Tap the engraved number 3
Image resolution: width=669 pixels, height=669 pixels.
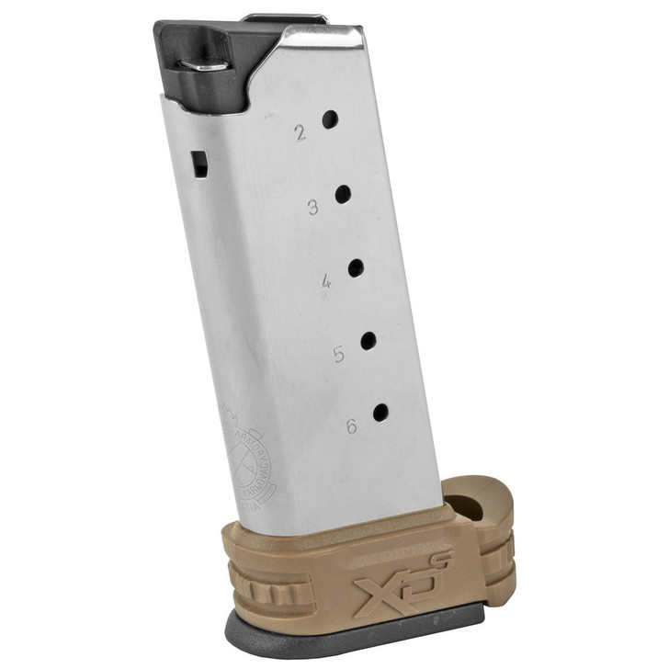coord(313,208)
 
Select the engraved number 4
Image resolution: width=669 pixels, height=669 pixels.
coord(326,282)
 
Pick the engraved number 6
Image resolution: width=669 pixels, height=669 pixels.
coord(351,426)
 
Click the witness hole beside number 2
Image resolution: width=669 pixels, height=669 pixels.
coord(330,119)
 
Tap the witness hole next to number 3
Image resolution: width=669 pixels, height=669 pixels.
coord(343,194)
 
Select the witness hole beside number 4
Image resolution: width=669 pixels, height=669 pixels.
coord(356,268)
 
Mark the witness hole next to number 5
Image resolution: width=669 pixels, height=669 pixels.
coord(368,341)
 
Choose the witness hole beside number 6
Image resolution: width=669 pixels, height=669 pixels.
coord(380,413)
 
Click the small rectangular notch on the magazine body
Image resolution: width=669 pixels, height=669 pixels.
coord(198,164)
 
